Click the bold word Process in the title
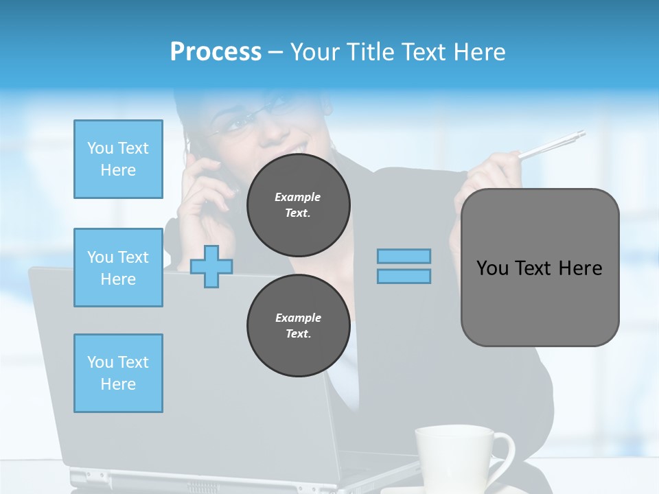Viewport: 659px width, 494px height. (216, 52)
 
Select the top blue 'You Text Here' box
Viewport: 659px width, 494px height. (118, 159)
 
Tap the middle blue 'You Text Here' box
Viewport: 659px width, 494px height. (118, 268)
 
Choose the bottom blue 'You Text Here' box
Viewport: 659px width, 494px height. (118, 373)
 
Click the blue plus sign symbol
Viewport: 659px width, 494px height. (211, 267)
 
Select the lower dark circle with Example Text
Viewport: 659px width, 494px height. (298, 326)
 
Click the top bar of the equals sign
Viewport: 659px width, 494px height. (404, 257)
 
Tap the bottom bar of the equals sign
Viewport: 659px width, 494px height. (404, 276)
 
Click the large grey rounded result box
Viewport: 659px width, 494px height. (540, 268)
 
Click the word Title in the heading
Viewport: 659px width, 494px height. (373, 52)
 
